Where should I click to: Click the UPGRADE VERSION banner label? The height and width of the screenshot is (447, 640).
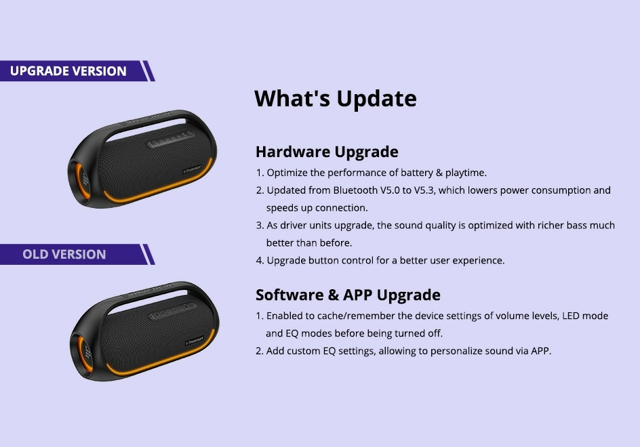68,71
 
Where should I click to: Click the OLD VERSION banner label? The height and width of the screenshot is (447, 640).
64,255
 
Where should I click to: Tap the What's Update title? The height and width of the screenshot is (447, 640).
336,98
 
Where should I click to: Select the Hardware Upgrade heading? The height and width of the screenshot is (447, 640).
327,152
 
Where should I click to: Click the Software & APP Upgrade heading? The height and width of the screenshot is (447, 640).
348,295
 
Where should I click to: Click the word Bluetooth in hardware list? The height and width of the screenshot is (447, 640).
355,190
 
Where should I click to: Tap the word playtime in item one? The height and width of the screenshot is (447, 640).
466,173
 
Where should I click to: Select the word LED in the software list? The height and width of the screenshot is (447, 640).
571,316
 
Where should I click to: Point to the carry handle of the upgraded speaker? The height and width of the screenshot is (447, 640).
148,123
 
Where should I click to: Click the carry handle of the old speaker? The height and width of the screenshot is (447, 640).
149,295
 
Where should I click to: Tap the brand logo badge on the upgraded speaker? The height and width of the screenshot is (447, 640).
192,169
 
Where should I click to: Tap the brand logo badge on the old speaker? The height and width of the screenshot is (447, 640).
195,341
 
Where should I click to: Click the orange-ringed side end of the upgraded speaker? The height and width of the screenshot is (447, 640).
82,181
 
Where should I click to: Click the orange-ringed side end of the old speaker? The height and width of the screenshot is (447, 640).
85,354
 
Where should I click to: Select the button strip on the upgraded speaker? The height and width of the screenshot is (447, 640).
171,140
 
